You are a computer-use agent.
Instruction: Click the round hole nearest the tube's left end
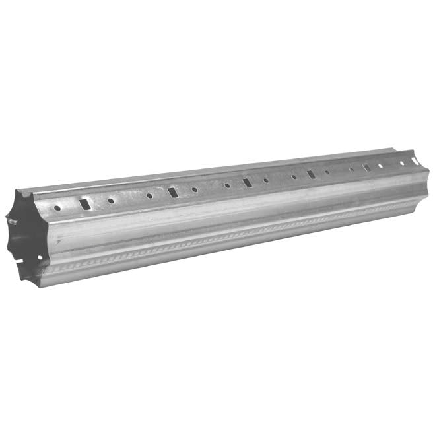tap(57, 208)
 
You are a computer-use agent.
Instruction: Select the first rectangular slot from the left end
tap(85, 204)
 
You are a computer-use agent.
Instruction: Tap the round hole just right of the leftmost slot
tap(111, 201)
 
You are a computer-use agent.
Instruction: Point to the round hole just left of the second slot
tap(149, 195)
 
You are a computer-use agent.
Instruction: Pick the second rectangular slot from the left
tap(173, 192)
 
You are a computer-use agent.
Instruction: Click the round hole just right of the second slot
tap(195, 189)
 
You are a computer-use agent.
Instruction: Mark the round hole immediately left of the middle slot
tap(227, 185)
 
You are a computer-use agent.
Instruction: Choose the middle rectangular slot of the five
tap(247, 182)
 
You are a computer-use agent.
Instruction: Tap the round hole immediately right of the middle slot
tap(266, 180)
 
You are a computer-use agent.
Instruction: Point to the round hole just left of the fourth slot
tap(294, 176)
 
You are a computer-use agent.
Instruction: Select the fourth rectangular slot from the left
tap(311, 174)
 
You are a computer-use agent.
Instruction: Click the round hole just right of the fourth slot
tap(327, 172)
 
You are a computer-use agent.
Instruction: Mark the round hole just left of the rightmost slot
tap(352, 169)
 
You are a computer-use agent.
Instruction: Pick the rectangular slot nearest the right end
tap(366, 167)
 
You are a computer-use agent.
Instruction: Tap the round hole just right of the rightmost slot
tap(380, 165)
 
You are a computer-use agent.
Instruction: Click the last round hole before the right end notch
tap(401, 162)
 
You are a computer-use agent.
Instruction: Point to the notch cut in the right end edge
tap(415, 160)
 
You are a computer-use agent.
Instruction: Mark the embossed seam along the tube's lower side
tap(231, 236)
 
